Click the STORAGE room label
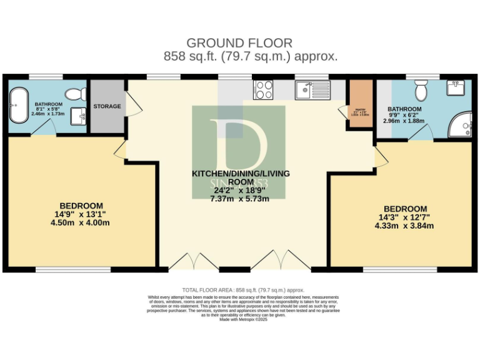pos(107,106)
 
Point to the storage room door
pos(133,104)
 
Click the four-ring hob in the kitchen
pos(264,90)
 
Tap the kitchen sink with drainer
pos(311,91)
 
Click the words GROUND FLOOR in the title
pos(239,43)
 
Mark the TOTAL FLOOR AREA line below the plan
pos(242,290)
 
